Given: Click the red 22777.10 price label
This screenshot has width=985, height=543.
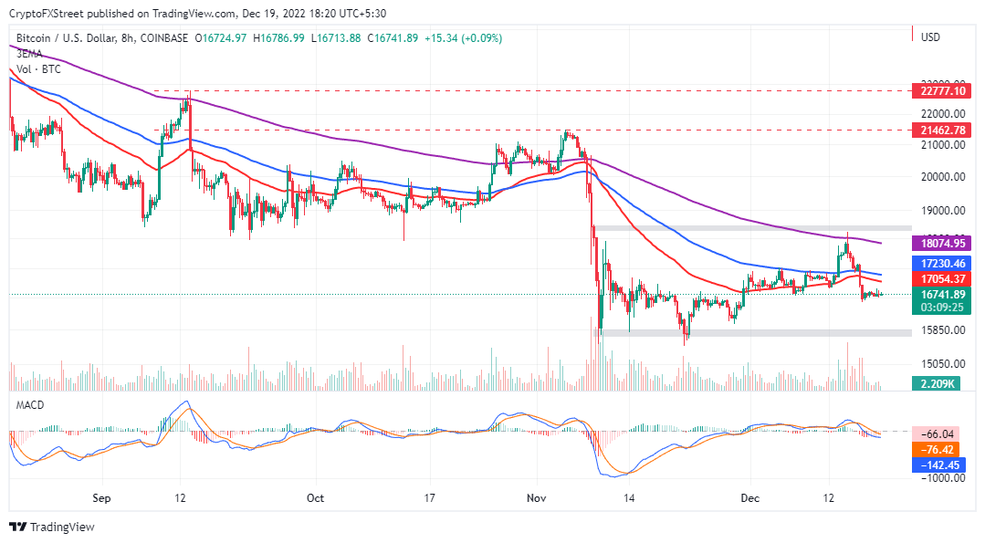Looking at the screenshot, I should tap(939, 90).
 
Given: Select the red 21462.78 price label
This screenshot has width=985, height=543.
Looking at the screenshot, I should tap(939, 131).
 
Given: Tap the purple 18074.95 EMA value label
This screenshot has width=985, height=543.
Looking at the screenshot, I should tap(939, 244).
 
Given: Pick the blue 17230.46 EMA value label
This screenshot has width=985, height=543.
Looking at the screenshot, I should tap(939, 263).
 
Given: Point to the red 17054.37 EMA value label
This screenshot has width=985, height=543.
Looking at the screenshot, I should tap(939, 278).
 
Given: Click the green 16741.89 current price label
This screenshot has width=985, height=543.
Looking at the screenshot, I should tap(939, 294).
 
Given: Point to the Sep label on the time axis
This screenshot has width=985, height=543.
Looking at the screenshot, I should tap(101, 498).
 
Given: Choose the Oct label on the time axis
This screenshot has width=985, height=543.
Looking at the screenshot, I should tap(315, 498).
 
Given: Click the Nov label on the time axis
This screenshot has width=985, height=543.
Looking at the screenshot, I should tap(538, 498).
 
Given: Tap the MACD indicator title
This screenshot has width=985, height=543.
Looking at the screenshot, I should tap(30, 404).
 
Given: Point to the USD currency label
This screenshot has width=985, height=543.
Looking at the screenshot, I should tap(930, 37).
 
